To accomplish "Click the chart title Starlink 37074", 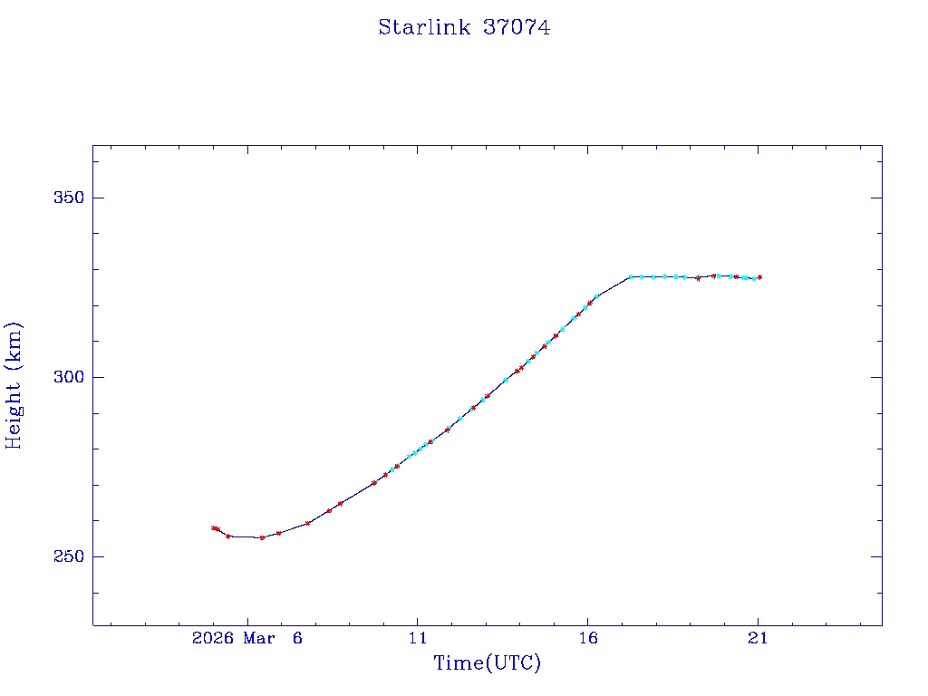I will (464, 27).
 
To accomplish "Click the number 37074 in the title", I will (517, 27).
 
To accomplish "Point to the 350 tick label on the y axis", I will (67, 198).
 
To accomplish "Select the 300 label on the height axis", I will (67, 377).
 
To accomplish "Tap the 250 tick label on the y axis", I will (67, 556).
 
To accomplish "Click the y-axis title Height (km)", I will (14, 385).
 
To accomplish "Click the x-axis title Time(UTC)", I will (488, 663).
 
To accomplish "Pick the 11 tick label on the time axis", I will (417, 638).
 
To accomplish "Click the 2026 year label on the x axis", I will (214, 638).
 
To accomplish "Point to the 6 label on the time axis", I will (296, 638).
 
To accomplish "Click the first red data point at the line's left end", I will (213, 527).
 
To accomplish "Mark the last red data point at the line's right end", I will (759, 277).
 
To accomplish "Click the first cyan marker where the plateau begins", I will (631, 276).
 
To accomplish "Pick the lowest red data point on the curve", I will (262, 537).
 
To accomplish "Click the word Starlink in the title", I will (424, 27).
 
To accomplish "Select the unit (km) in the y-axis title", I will (14, 343).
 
